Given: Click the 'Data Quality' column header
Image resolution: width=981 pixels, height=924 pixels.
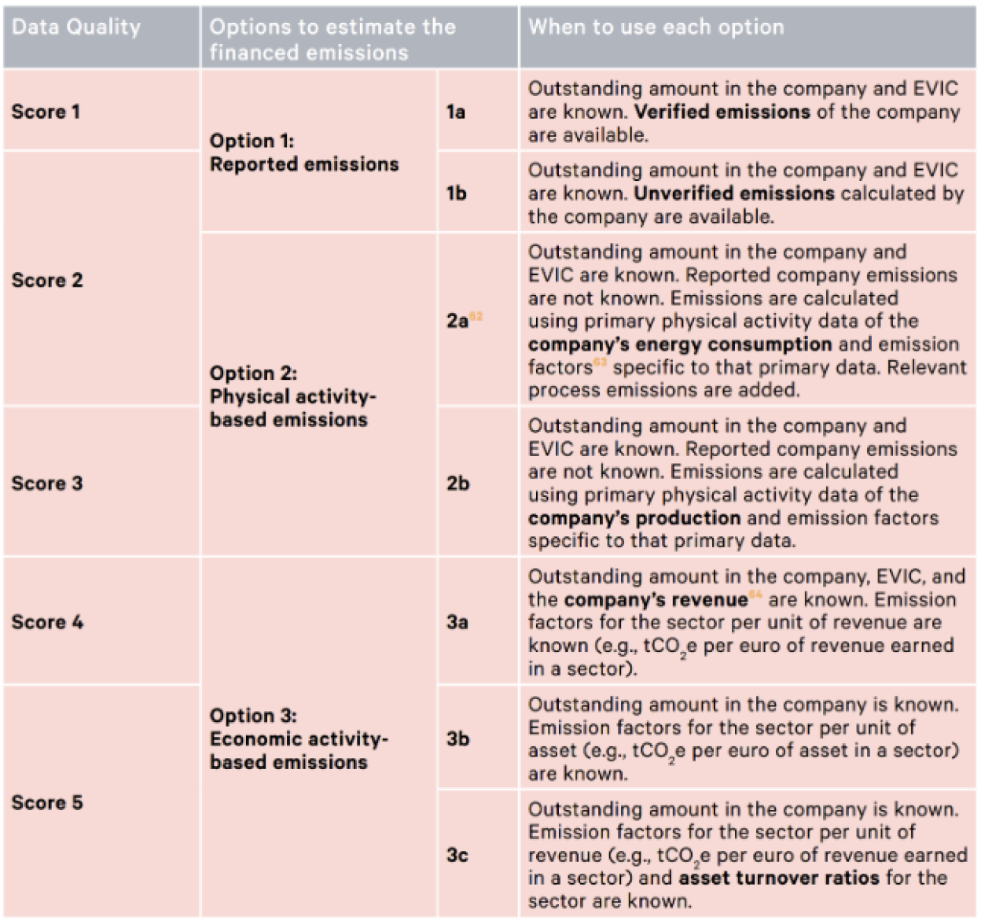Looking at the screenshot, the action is pos(76,28).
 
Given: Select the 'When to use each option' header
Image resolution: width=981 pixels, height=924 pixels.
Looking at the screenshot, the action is pos(656,28).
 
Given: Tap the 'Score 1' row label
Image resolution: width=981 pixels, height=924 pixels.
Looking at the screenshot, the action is pos(46,112).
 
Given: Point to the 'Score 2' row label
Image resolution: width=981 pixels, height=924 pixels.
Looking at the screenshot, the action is pos(47,280).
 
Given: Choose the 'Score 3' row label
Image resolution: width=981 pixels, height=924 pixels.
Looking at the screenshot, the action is pos(47,483).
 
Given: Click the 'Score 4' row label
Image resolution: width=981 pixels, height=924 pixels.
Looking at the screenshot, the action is pos(47,622).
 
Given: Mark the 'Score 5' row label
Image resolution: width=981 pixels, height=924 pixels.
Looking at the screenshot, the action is pos(47,802).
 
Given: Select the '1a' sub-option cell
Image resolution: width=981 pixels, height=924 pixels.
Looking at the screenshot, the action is pos(456,112).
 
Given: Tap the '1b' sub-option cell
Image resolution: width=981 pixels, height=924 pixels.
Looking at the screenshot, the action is pos(456,193).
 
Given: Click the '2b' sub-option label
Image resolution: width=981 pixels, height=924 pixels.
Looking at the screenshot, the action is pos(457,483).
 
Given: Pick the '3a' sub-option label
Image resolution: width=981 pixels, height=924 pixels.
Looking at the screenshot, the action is pos(457,622).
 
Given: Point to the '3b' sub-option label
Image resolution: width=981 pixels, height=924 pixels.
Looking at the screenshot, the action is pos(457,738).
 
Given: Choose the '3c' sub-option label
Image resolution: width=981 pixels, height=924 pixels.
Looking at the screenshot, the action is pos(457,855).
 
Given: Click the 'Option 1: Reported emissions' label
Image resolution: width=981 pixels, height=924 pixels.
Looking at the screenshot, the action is pos(304,153).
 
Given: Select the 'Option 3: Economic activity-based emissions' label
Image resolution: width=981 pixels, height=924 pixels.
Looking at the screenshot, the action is pos(299,738).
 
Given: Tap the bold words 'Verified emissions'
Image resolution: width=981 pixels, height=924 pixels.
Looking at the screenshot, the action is pos(722,112).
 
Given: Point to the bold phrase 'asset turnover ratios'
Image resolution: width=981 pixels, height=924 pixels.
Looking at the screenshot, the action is pos(779,878).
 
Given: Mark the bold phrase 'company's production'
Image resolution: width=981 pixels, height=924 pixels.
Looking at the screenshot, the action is pos(634,518).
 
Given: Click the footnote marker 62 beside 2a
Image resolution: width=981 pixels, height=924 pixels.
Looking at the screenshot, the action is pos(476,316).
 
